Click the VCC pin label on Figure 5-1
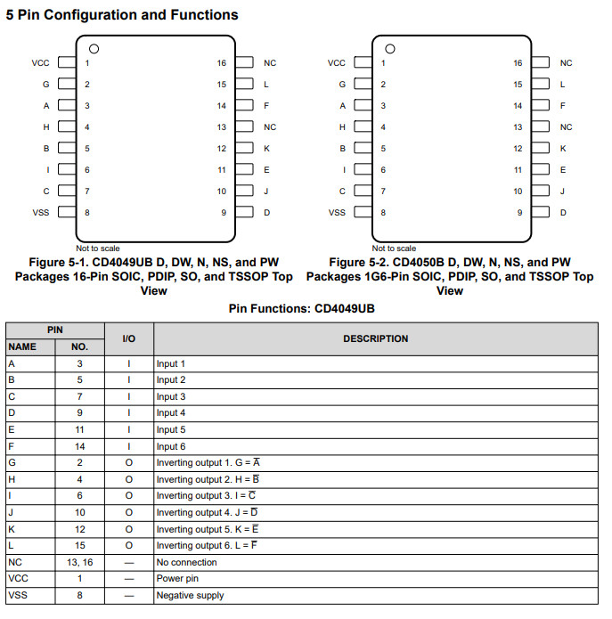coord(40,63)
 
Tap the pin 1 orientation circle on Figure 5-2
coord(389,48)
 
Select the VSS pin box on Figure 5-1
coord(67,213)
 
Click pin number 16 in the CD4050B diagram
coord(518,63)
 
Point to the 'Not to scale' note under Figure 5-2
coord(394,248)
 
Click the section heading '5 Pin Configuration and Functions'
coord(122,15)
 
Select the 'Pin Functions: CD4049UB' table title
coord(306,308)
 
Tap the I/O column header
coord(129,338)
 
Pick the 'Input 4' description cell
coord(171,413)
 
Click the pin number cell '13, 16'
coord(79,562)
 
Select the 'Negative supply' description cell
coord(190,595)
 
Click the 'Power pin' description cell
coord(177,579)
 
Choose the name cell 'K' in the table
coord(11,529)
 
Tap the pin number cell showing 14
coord(79,446)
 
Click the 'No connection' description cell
coord(186,562)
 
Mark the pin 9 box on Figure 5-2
coord(541,213)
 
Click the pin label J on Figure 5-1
coord(265,191)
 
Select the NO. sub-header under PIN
coord(79,347)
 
